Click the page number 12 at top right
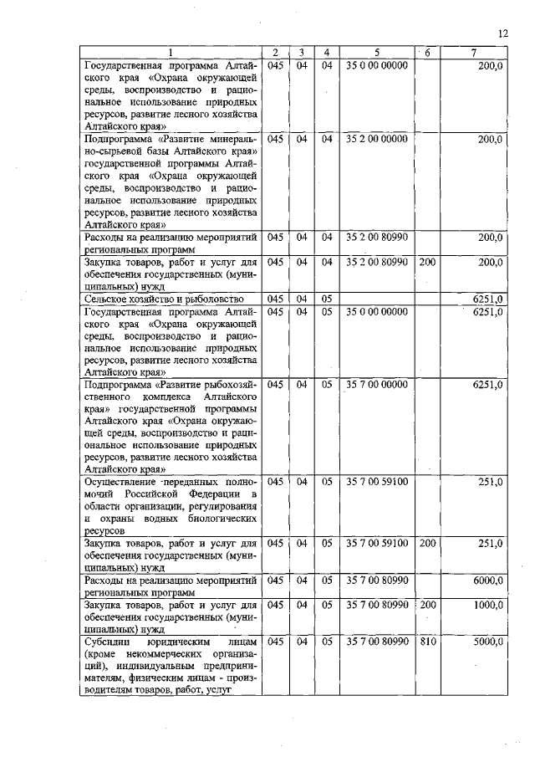tap(502, 33)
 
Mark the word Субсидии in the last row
tap(107, 642)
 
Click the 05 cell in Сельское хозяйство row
tap(328, 298)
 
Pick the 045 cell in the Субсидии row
tap(276, 642)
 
